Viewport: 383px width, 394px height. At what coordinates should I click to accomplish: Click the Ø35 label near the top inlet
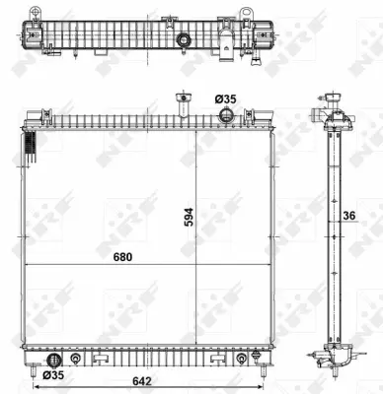click(227, 99)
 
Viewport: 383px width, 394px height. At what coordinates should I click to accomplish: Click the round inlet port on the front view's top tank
click(227, 116)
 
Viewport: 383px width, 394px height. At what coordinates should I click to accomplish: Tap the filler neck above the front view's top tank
click(181, 103)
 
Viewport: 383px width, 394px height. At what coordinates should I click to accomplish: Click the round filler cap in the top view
click(184, 40)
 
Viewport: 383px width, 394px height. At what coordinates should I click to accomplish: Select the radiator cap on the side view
click(326, 104)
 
